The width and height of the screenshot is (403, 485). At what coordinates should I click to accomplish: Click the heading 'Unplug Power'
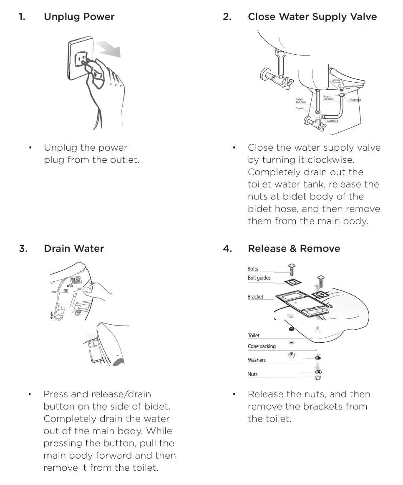79,17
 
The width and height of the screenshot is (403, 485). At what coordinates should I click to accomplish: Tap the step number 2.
227,17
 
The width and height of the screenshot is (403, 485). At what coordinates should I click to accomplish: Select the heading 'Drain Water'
74,249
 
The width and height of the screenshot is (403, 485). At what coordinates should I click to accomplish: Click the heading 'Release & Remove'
294,249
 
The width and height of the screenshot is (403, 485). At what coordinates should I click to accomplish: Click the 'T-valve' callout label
300,109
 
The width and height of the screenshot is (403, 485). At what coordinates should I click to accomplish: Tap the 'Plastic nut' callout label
355,100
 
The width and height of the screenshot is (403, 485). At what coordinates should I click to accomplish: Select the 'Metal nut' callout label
332,121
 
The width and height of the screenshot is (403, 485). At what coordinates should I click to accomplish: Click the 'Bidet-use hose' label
328,98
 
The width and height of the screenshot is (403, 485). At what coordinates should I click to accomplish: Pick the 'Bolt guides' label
259,278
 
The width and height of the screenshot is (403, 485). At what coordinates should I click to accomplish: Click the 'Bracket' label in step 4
255,297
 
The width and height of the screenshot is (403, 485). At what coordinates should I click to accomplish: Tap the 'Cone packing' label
262,346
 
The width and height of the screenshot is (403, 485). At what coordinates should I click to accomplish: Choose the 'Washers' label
257,360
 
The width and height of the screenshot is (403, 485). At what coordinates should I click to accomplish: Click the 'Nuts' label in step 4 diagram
252,374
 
